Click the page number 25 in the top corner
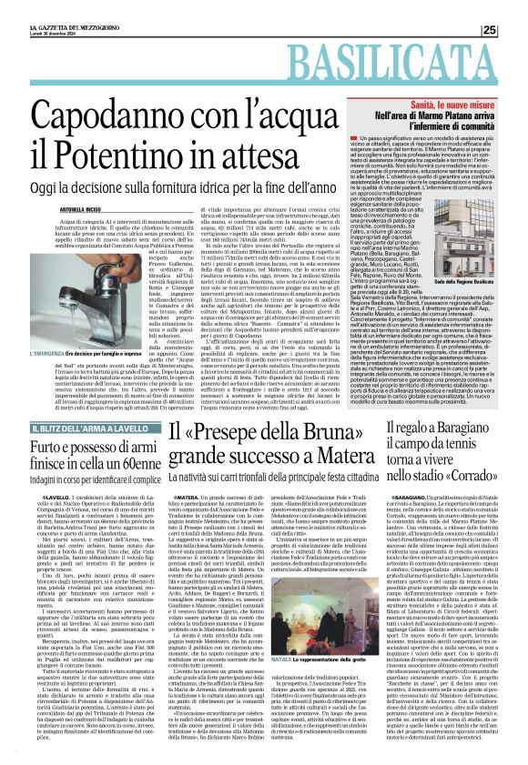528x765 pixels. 514,30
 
